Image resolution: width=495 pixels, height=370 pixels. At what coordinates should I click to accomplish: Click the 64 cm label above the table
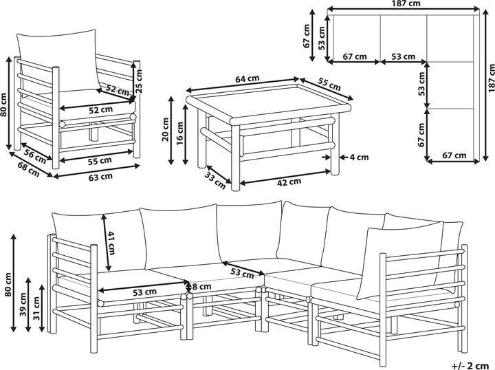tap(247, 78)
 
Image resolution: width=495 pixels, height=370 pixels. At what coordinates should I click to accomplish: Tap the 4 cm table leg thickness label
tap(360, 157)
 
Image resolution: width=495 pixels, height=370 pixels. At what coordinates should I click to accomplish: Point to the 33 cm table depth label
tap(215, 180)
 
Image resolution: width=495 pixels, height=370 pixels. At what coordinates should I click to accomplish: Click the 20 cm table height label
tap(165, 130)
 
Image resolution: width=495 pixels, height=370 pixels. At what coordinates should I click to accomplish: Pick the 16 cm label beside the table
tap(179, 133)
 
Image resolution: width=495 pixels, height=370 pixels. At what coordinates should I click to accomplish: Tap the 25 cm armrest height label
tap(139, 81)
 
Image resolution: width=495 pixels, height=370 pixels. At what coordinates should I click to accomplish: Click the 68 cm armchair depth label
tap(29, 169)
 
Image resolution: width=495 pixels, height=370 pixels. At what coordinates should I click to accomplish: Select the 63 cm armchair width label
tap(100, 177)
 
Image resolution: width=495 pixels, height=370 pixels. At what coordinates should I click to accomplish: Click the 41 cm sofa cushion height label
tap(111, 243)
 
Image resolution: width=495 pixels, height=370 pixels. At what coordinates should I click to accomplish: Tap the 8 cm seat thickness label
tap(201, 287)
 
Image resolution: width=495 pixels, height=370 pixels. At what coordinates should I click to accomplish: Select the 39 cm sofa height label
tap(23, 305)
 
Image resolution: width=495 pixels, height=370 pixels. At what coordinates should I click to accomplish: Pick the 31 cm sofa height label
tap(37, 308)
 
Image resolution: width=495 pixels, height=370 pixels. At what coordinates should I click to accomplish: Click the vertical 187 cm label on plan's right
tap(491, 78)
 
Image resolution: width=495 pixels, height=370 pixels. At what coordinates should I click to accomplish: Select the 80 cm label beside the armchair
tap(3, 105)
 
